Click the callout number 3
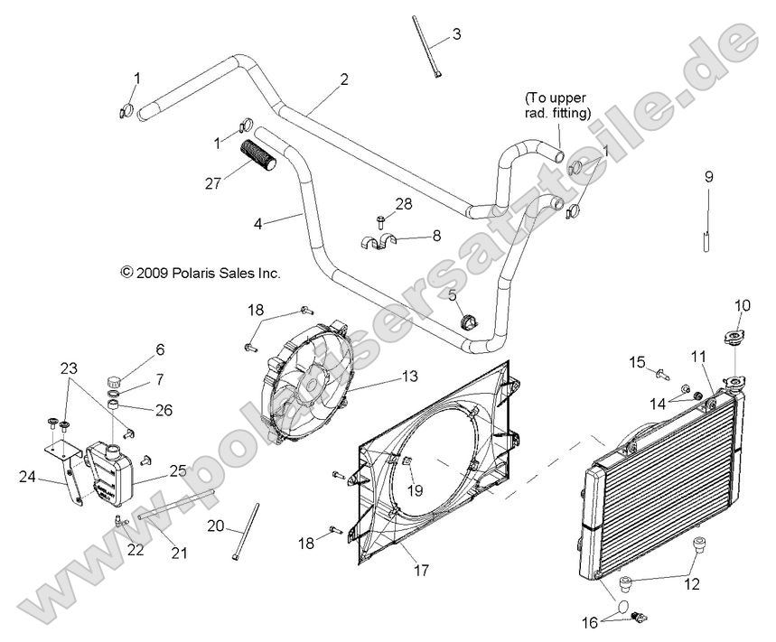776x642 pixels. pos(456,35)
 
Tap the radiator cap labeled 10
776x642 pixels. pos(732,342)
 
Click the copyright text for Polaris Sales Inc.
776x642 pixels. pos(200,271)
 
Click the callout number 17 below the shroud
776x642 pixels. pos(421,571)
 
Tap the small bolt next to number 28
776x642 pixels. pos(380,219)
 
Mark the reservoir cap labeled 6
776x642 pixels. pos(115,378)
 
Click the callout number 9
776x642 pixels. pos(708,177)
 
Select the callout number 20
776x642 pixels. pos(216,526)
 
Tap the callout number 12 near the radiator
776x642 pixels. pos(691,584)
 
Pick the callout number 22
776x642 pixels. pos(136,549)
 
